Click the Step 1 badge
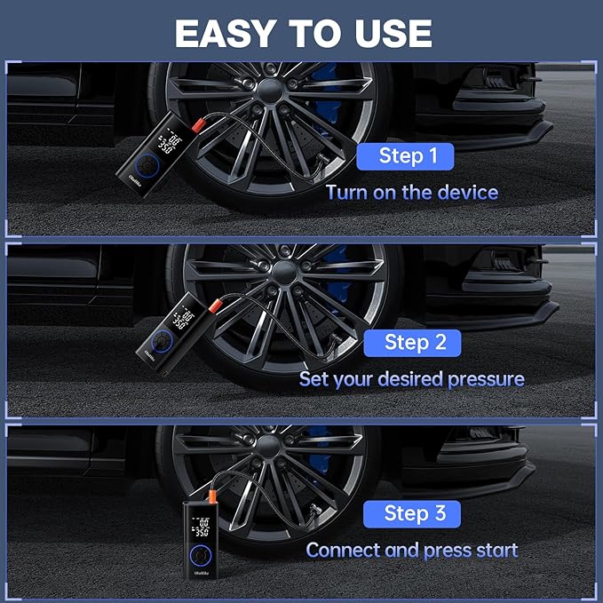tap(408, 156)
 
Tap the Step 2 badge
tap(415, 342)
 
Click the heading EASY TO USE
tap(303, 33)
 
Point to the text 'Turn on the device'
tap(411, 192)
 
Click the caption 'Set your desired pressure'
tap(411, 379)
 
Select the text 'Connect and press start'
tap(411, 550)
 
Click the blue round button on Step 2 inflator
tap(161, 341)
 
